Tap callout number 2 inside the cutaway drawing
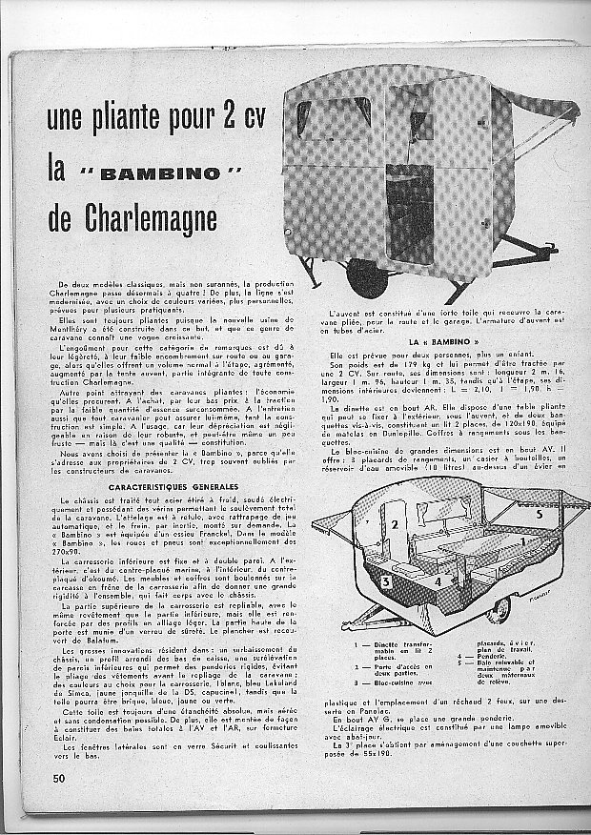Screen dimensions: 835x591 click(x=391, y=525)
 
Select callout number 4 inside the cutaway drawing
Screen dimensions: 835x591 click(x=413, y=578)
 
